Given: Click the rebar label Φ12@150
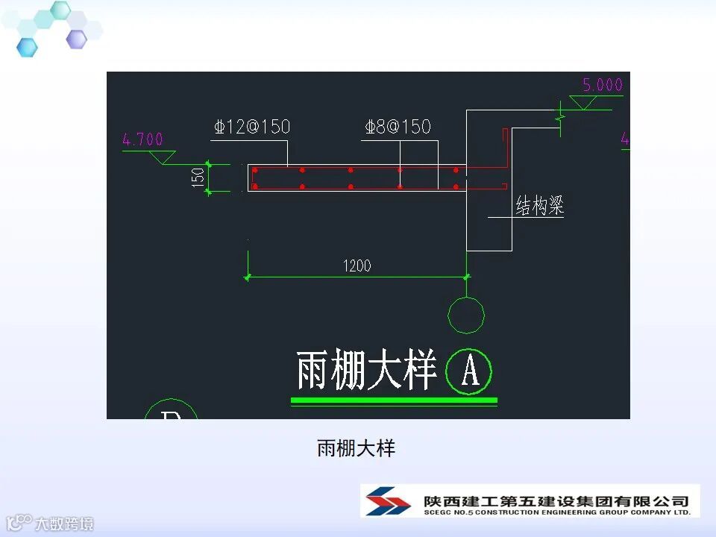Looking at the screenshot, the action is click(251, 127).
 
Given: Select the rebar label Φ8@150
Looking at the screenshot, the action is click(398, 127).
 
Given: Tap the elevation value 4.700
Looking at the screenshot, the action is click(142, 139).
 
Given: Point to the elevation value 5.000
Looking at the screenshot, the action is click(602, 85).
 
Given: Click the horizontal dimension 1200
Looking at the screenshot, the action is click(357, 266).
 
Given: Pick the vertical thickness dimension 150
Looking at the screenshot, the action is click(198, 178).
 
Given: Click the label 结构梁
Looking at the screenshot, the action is click(539, 207).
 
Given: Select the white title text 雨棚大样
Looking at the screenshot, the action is click(365, 371).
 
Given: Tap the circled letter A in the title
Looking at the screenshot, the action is click(470, 371).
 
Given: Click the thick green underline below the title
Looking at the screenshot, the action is click(394, 401).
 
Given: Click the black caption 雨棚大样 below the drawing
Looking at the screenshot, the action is click(356, 449).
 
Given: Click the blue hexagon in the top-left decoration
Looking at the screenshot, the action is click(27, 47).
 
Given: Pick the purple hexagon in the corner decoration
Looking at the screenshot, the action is click(76, 39).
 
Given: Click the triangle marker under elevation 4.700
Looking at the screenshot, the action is click(162, 157).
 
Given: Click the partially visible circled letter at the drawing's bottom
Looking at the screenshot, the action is click(171, 411).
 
